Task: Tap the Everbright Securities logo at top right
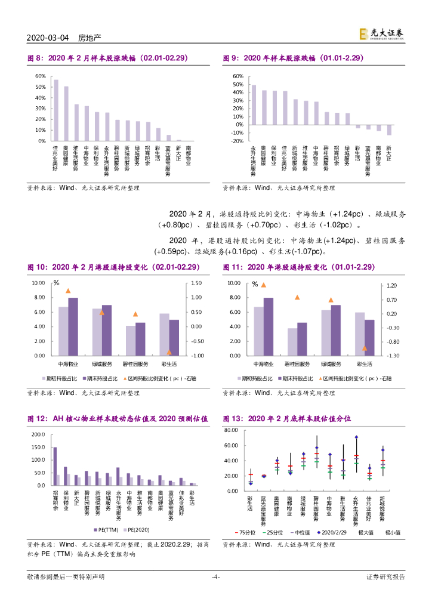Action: [x=381, y=35]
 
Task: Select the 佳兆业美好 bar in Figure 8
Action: [x=55, y=110]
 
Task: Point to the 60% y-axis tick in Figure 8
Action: [x=40, y=76]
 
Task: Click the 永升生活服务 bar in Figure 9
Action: [x=253, y=105]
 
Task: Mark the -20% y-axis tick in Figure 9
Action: [x=237, y=141]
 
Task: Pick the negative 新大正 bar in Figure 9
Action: [x=389, y=130]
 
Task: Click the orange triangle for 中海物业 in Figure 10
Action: [x=68, y=291]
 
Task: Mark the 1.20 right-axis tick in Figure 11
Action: [x=391, y=286]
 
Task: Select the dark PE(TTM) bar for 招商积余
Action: [x=55, y=466]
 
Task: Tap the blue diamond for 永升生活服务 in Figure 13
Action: [x=356, y=437]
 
